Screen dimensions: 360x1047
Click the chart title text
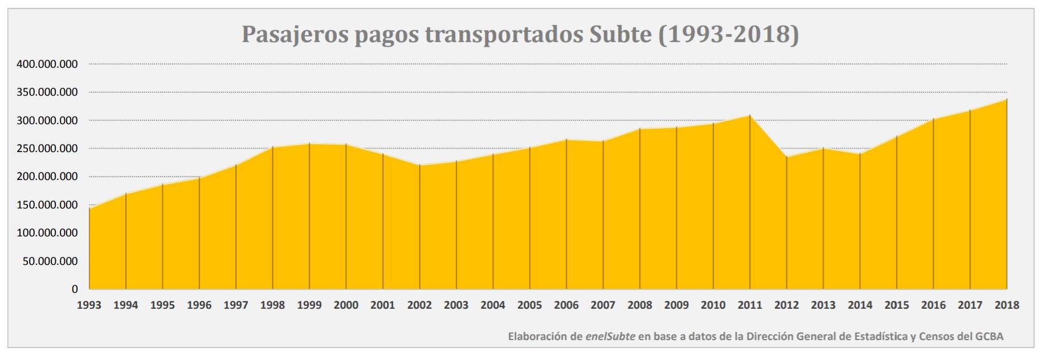(520, 34)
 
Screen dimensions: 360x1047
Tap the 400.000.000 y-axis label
(47, 64)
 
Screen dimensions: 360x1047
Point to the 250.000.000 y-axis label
(47, 149)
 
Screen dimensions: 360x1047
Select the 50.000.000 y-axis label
(51, 261)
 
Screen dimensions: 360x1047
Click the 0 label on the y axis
(75, 289)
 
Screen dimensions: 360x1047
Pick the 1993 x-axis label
(89, 305)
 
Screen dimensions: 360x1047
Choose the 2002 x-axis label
(419, 305)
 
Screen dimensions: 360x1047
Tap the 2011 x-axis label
(750, 305)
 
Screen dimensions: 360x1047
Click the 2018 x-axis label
(1007, 305)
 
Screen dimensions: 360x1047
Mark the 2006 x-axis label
(566, 305)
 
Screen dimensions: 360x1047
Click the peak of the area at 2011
(750, 116)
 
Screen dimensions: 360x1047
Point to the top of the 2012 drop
(787, 157)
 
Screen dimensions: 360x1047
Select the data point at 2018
(1007, 99)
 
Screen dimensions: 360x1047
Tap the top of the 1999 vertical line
(309, 144)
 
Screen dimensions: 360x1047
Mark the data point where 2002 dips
(419, 165)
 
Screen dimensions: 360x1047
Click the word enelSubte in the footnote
(610, 337)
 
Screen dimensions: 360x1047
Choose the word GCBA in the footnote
(989, 337)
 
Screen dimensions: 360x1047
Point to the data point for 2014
(860, 154)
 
